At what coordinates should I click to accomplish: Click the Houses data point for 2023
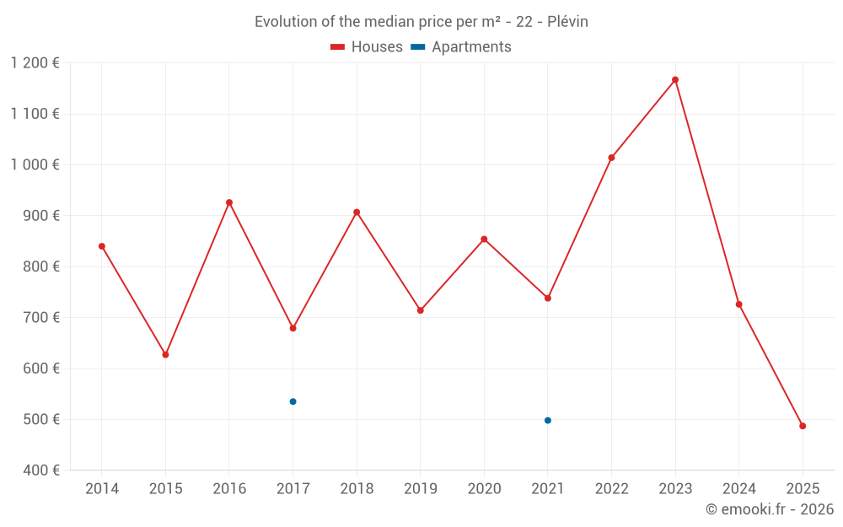[675, 80]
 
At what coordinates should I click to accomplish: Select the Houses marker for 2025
[803, 426]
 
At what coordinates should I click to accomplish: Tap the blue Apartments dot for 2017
[293, 401]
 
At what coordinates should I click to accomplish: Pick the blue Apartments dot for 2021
[548, 420]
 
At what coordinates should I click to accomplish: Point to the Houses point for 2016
[229, 202]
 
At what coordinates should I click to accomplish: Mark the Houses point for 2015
[165, 355]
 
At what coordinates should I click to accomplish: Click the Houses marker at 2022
[611, 158]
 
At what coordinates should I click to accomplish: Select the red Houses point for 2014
[102, 246]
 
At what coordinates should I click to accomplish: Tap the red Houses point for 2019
[421, 310]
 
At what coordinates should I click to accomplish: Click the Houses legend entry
[367, 47]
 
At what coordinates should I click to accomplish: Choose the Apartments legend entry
[461, 47]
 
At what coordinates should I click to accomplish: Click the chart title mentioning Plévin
[421, 22]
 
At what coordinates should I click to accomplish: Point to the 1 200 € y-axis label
[35, 63]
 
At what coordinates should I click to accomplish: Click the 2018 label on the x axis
[357, 489]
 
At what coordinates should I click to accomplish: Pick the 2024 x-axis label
[738, 489]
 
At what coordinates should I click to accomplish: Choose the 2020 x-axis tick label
[484, 489]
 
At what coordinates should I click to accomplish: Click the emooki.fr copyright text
[769, 509]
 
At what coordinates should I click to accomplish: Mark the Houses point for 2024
[738, 304]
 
